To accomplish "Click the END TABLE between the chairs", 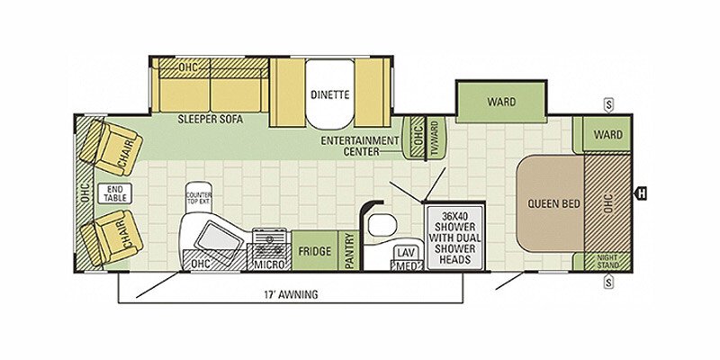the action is point(115,193).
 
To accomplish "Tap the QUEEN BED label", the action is point(553,203).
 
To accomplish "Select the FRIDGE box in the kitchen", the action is point(314,250).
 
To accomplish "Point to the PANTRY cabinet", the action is point(349,250).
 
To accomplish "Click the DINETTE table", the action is point(330,94).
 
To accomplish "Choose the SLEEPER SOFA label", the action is point(211,120).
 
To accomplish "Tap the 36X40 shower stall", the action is point(455,238).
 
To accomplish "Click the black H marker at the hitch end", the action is point(641,193).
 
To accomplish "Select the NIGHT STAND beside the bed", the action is point(607,262).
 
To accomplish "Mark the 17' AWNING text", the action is point(291,295).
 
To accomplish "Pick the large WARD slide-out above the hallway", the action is point(501,102).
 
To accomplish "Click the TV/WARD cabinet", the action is point(436,139).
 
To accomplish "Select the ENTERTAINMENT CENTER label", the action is point(360,146).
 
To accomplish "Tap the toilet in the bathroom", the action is point(382,224).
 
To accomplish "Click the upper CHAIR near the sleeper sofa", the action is point(112,148).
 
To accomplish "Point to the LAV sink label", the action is point(403,253).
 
